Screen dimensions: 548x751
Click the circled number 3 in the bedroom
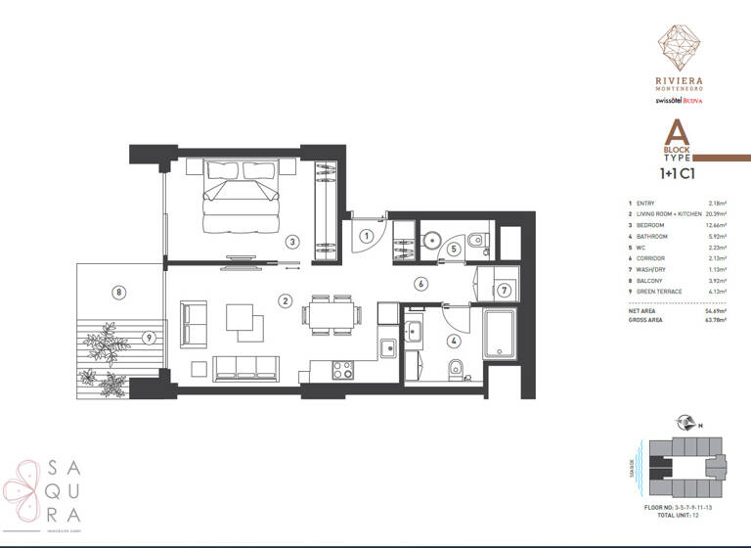click(291, 241)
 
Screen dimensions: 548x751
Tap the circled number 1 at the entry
click(364, 235)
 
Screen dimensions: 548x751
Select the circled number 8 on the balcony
click(118, 291)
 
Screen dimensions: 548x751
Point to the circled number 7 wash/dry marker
click(503, 290)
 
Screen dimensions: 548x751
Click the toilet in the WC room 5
click(474, 238)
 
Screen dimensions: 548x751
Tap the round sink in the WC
click(432, 239)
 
